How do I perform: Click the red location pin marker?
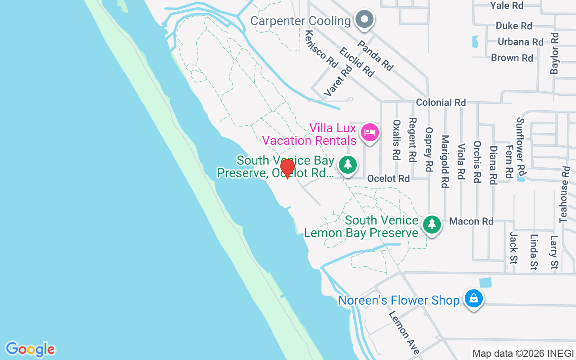tap(287, 168)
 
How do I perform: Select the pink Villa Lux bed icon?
tap(369, 132)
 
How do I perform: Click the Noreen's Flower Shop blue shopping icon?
tap(473, 298)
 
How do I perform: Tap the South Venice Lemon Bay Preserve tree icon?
tap(432, 224)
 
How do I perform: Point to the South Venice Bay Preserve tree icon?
tap(347, 164)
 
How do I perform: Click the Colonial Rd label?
tap(441, 103)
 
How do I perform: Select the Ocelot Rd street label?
tap(388, 179)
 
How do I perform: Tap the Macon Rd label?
tap(471, 221)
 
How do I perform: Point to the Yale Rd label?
tap(506, 5)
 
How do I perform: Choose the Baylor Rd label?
tap(554, 53)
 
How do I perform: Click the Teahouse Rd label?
tap(564, 194)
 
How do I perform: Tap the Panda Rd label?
tap(375, 56)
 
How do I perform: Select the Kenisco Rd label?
tap(321, 49)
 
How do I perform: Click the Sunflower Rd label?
tap(521, 147)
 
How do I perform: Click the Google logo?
tap(30, 349)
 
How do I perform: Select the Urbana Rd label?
tap(520, 42)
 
